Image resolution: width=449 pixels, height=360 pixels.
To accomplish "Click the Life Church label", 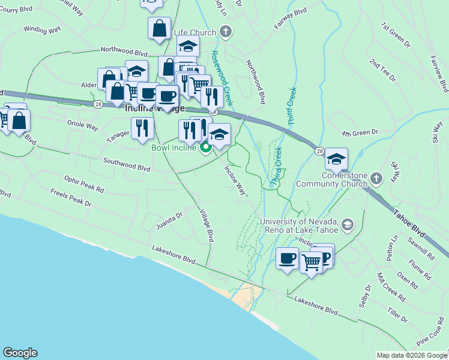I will pyautogui.click(x=194, y=32).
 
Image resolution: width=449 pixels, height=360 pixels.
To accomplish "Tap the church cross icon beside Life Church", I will pyautogui.click(x=225, y=32).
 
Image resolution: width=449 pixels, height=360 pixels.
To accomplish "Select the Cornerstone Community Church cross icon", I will pyautogui.click(x=376, y=178).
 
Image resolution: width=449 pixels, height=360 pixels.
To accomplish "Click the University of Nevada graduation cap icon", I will pyautogui.click(x=347, y=225).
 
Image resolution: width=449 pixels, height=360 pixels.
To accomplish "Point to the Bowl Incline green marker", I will pyautogui.click(x=205, y=147).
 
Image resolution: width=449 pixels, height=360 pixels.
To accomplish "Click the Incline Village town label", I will pyautogui.click(x=154, y=109).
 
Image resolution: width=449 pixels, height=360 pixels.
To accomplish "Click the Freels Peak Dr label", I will pyautogui.click(x=71, y=199).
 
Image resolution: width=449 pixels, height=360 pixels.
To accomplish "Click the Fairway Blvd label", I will pyautogui.click(x=291, y=19).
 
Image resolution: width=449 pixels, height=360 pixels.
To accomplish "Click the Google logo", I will pyautogui.click(x=20, y=353).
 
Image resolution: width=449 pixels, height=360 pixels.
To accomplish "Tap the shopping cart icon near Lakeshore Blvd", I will pyautogui.click(x=312, y=262).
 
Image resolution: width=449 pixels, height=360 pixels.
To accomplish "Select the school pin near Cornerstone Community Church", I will pyautogui.click(x=336, y=159).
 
